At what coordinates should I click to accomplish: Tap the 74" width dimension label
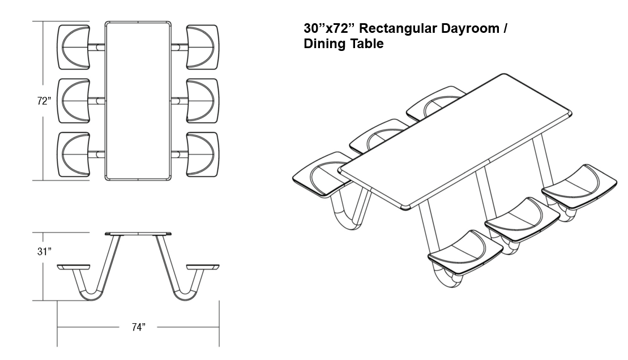coord(138,327)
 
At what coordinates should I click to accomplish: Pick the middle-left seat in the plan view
coord(74,101)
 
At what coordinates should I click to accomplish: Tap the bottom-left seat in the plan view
coord(74,154)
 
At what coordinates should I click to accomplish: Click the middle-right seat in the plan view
coord(202,101)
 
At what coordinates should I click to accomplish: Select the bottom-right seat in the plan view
coord(202,154)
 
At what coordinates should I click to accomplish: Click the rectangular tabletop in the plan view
coord(138,101)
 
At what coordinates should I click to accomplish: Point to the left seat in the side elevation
coord(74,266)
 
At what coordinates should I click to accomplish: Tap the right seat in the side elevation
coord(202,266)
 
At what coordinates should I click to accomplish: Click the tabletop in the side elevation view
coord(138,234)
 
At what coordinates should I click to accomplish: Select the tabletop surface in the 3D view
coord(453,142)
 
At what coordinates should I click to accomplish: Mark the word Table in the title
coord(367,44)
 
